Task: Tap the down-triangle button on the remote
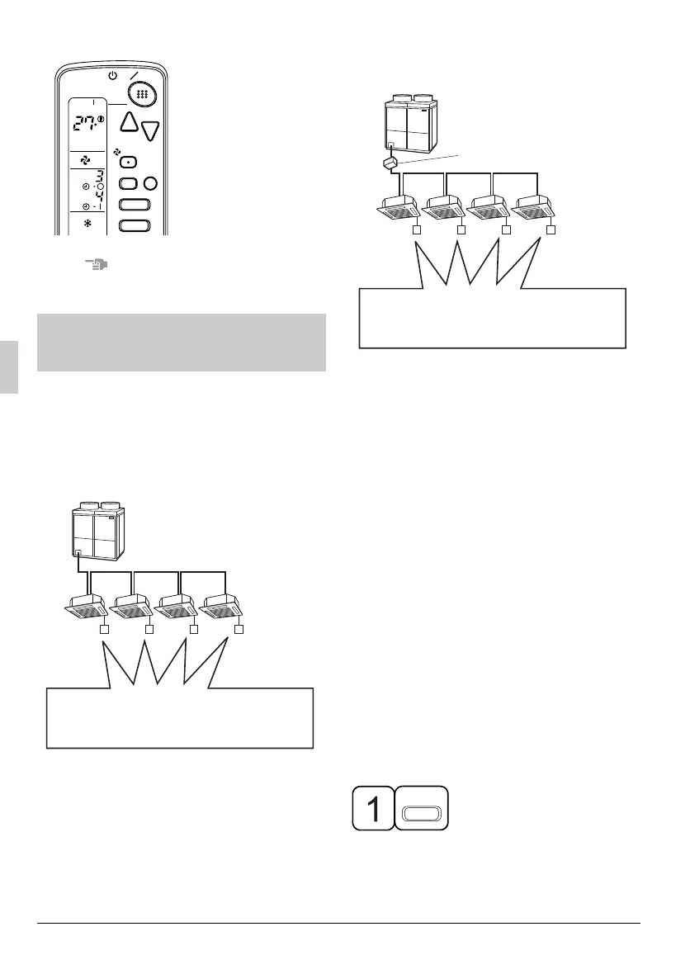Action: pos(150,130)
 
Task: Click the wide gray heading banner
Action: pos(182,343)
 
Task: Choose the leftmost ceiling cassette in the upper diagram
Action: pos(398,208)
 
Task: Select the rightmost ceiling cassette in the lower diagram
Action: pos(225,606)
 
